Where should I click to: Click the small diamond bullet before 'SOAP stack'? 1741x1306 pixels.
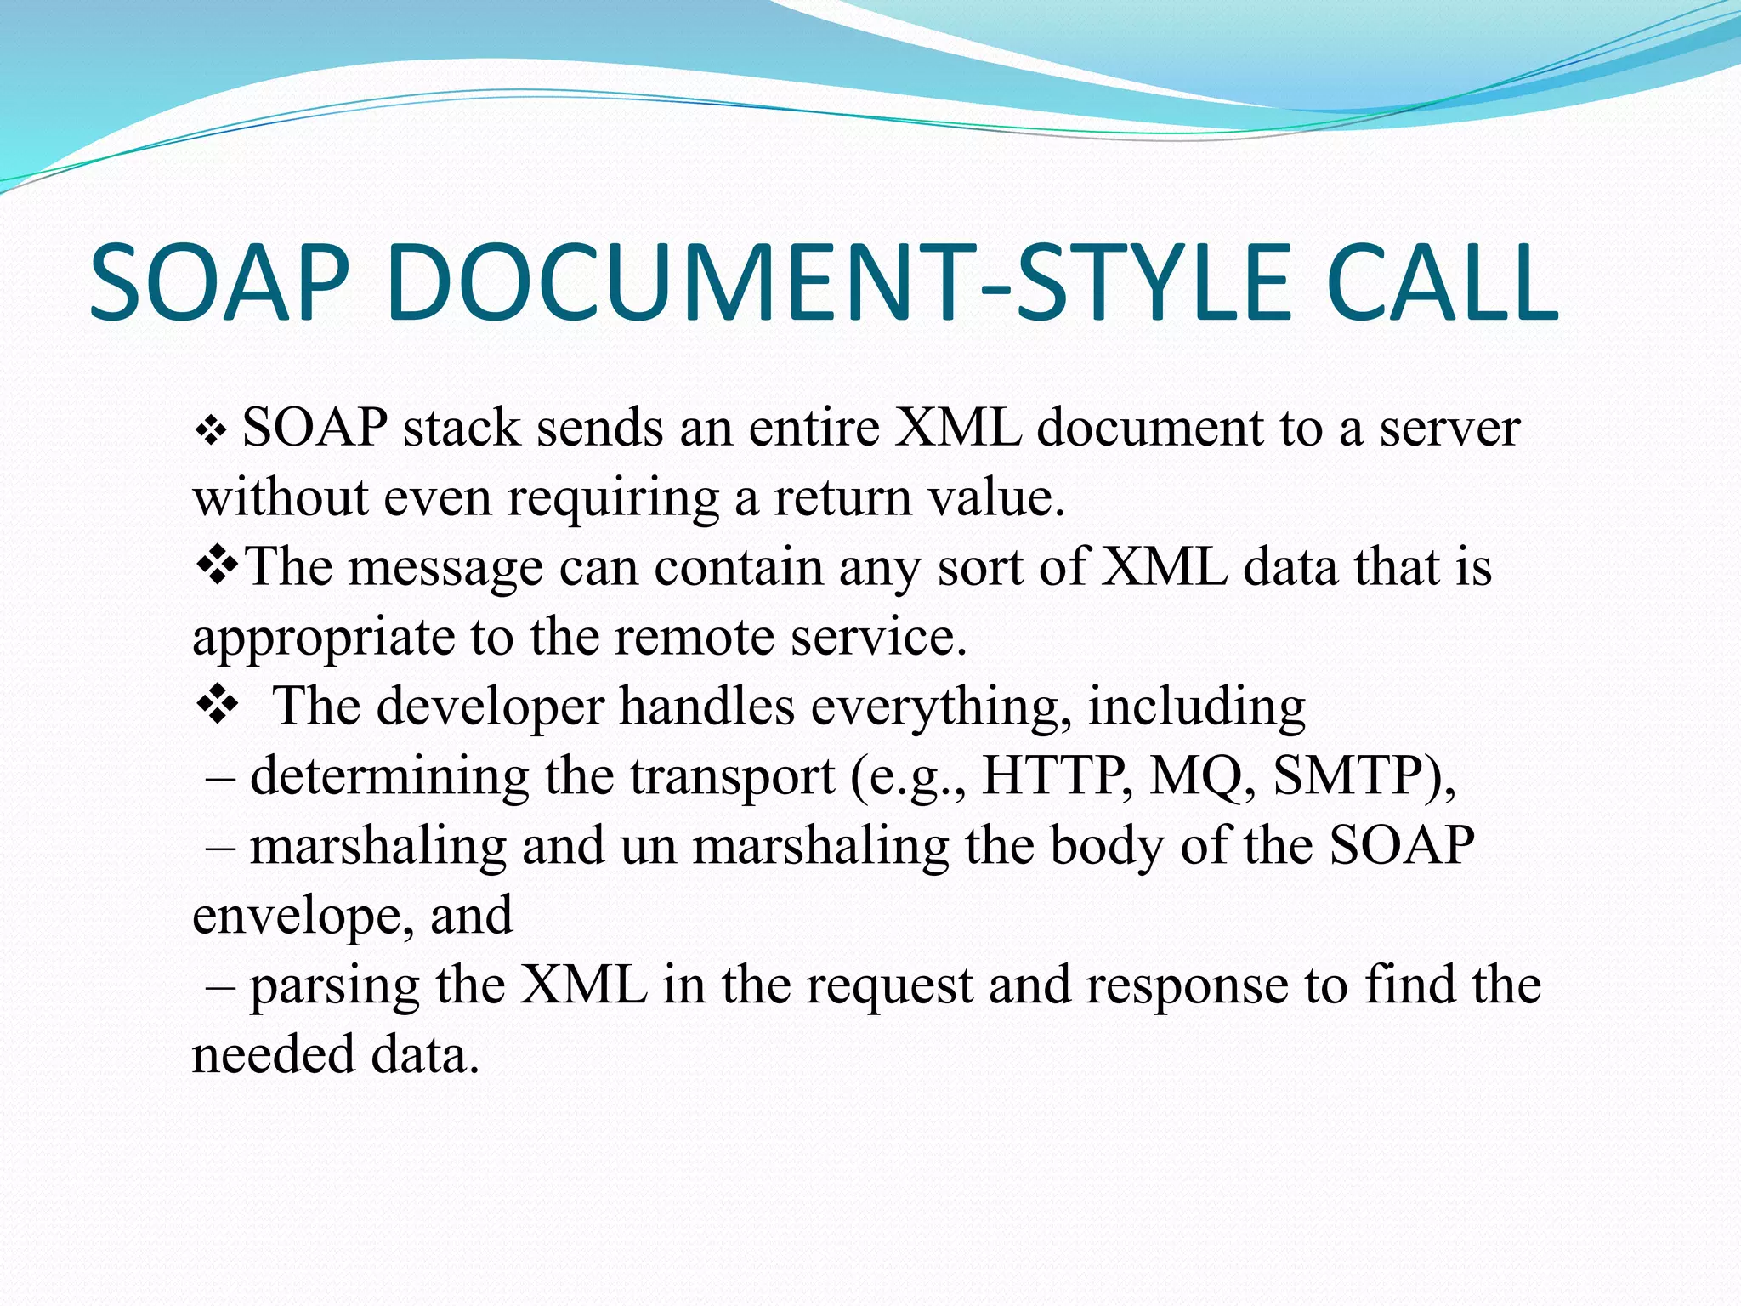(210, 432)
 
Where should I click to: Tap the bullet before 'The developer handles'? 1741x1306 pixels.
(218, 706)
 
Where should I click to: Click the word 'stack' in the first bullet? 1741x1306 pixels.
(461, 428)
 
